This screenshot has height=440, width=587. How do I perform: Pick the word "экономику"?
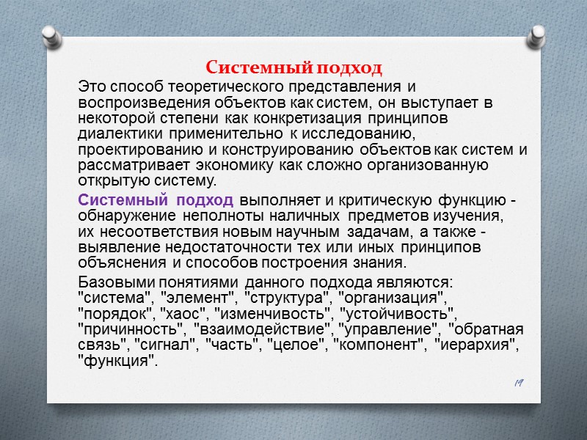click(243, 166)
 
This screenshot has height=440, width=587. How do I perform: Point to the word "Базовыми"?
click(114, 282)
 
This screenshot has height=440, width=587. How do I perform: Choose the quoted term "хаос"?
click(179, 314)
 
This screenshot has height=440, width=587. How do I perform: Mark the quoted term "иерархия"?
click(475, 345)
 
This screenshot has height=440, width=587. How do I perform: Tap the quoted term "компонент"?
click(381, 345)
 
